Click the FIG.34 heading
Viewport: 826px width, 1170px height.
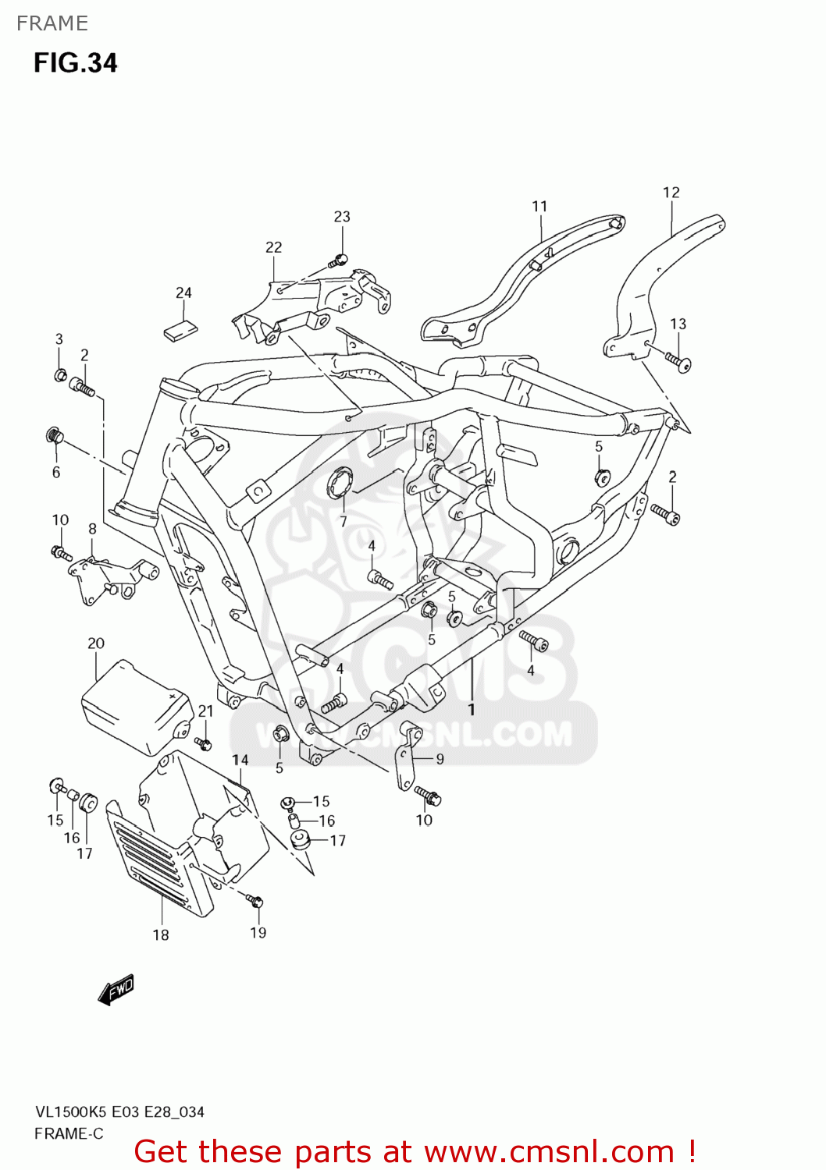(x=75, y=62)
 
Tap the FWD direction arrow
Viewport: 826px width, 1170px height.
(x=116, y=989)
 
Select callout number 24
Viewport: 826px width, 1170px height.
(x=183, y=292)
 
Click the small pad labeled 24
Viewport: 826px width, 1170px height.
(x=180, y=330)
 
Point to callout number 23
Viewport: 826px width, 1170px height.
(x=342, y=216)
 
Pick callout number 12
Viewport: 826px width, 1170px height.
(x=671, y=192)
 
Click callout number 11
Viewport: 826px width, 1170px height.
(x=539, y=206)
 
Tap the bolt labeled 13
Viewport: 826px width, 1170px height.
(x=677, y=362)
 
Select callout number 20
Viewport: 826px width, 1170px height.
(x=95, y=643)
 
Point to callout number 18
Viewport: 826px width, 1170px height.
(x=161, y=934)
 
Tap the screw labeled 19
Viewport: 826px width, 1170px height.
(x=255, y=902)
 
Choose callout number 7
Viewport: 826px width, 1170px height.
(x=343, y=521)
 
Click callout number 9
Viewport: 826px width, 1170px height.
(x=440, y=759)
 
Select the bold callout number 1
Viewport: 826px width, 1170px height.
(x=472, y=709)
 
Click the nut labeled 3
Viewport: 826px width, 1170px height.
(x=60, y=376)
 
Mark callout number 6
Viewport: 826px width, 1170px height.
(x=56, y=472)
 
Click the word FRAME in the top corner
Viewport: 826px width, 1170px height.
(x=52, y=23)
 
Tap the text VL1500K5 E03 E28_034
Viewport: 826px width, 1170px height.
(x=119, y=1111)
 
